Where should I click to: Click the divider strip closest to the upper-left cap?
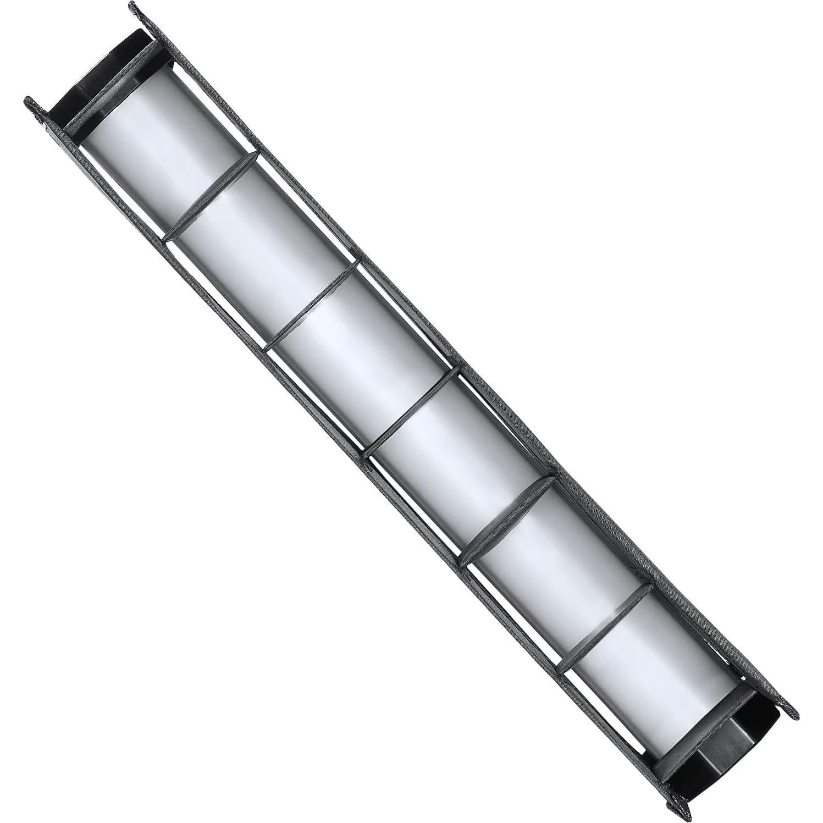click(x=212, y=196)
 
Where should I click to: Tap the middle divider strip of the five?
click(x=412, y=412)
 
